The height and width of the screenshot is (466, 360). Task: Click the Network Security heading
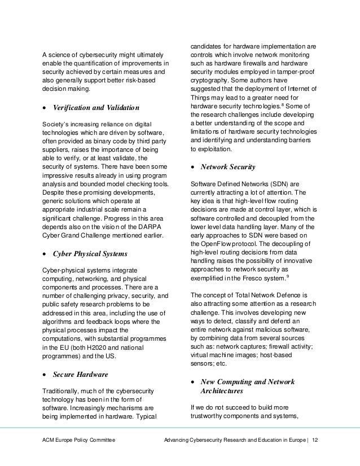click(228, 167)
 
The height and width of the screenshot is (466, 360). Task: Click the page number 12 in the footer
click(315, 454)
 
